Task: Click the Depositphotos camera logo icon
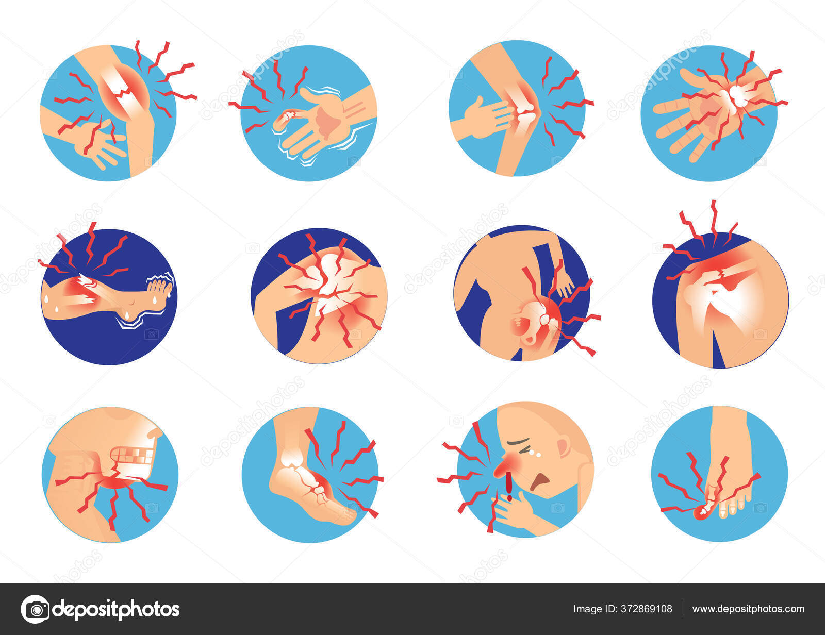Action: (x=35, y=609)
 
